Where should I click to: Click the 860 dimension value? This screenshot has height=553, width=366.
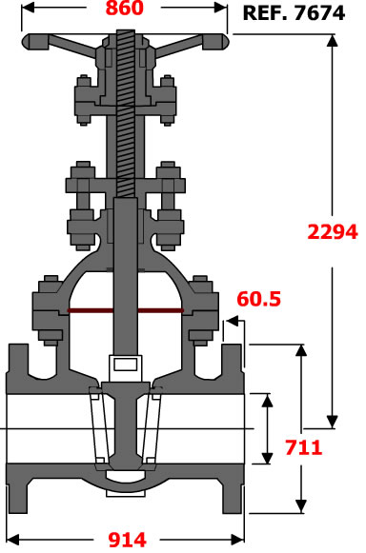coord(125,9)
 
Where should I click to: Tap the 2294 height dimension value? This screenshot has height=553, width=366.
coord(333,232)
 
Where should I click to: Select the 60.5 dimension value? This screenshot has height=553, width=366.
coord(258,299)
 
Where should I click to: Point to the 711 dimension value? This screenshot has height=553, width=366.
coord(303,447)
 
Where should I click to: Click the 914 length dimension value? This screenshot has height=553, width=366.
coord(127,540)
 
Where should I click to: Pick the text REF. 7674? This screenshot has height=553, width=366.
coord(294,13)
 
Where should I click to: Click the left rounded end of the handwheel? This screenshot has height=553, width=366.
coord(34,42)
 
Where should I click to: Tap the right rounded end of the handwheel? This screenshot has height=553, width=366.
coord(215,42)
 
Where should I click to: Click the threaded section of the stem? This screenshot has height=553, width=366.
coord(126,113)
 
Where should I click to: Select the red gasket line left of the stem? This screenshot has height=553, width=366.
coord(91,310)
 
